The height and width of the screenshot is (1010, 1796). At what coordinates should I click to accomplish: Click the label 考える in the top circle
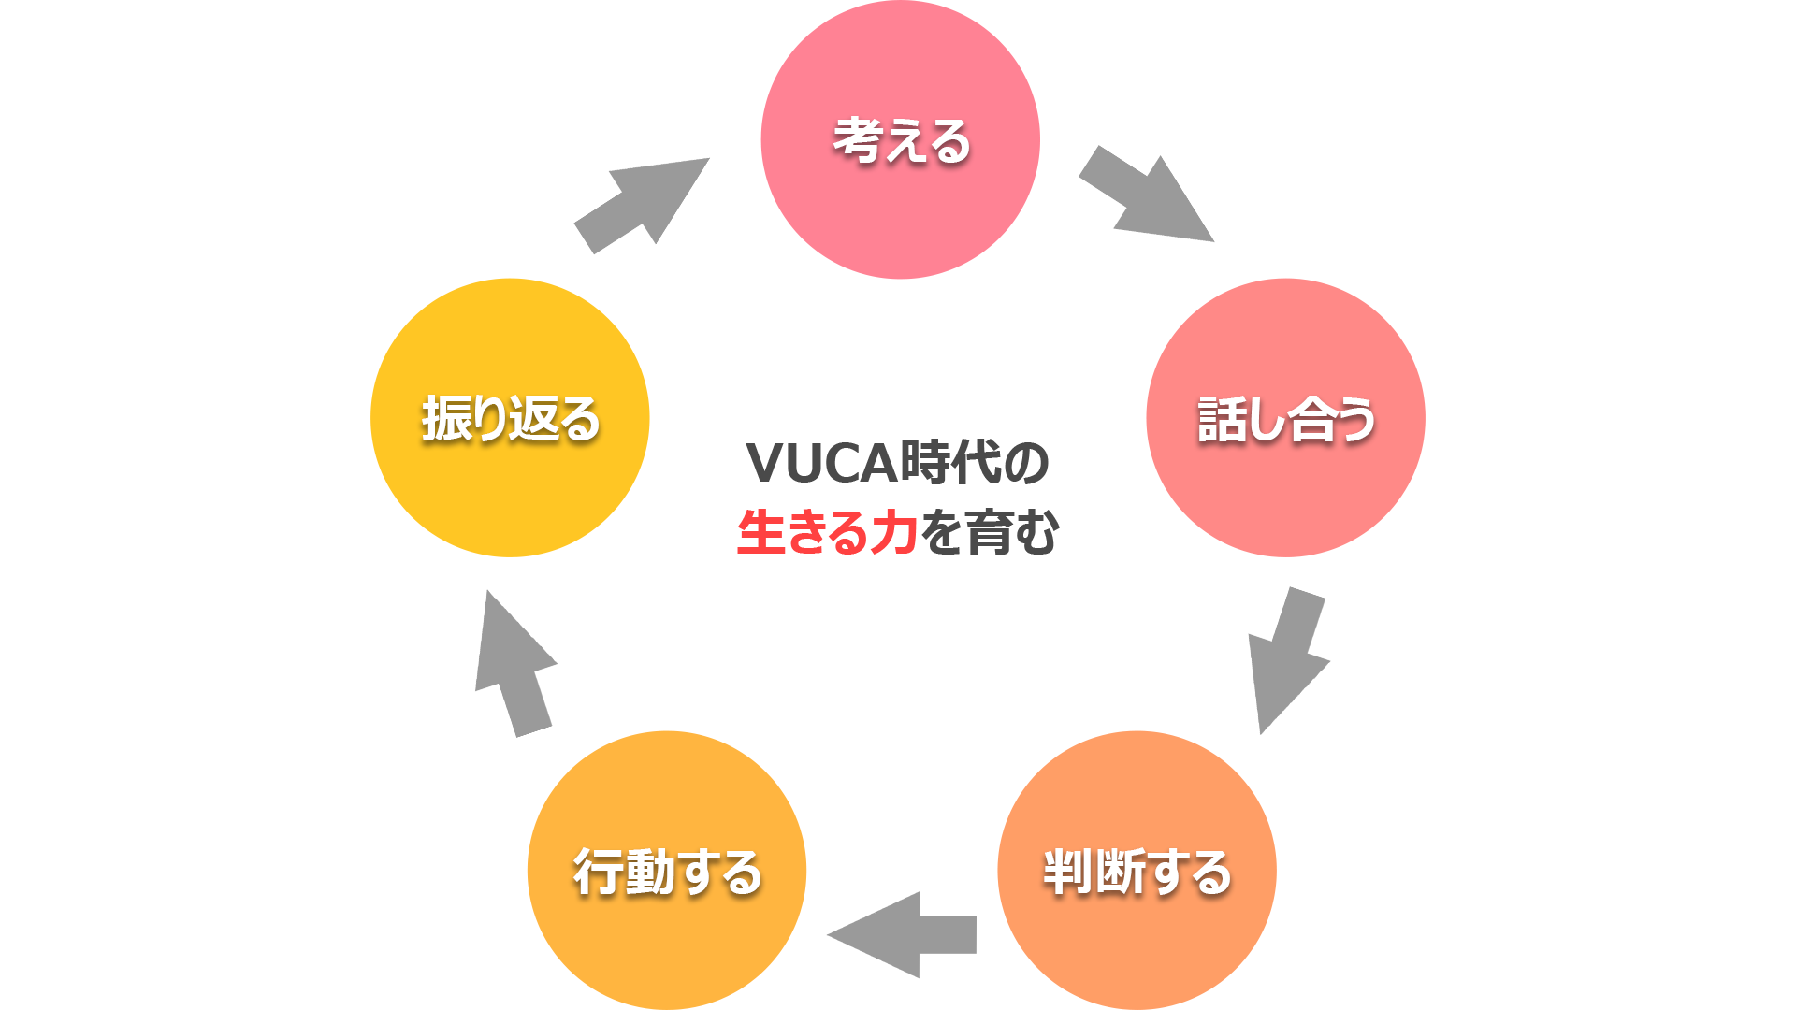[901, 141]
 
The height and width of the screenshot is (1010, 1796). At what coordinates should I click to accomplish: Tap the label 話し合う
[1286, 419]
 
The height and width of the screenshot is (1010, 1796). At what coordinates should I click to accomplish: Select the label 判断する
[1137, 872]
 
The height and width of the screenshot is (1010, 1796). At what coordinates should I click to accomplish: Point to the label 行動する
[667, 872]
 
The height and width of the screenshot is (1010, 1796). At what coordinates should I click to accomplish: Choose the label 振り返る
[510, 418]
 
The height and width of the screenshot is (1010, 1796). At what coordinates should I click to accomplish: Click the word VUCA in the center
[822, 463]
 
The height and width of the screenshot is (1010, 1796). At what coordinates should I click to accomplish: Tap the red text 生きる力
[827, 532]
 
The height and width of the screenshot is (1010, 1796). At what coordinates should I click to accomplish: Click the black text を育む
[990, 532]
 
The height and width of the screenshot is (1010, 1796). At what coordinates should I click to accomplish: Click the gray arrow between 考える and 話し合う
[1146, 194]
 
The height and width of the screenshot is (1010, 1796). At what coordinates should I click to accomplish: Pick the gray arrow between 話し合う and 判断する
[1289, 660]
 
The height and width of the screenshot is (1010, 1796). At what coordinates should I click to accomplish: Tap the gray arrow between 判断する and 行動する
[901, 935]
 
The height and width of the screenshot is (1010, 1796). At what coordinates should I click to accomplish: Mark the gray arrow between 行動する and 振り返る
[516, 663]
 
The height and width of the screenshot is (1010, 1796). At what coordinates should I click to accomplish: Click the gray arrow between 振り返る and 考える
[642, 206]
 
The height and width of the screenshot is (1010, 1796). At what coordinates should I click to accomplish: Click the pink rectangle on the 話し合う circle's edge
[1402, 417]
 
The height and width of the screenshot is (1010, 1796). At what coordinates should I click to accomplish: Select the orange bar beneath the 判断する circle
[1137, 1004]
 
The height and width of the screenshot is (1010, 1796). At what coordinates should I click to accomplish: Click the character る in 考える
[949, 142]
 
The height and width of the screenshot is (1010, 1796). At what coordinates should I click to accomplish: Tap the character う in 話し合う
[1354, 419]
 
